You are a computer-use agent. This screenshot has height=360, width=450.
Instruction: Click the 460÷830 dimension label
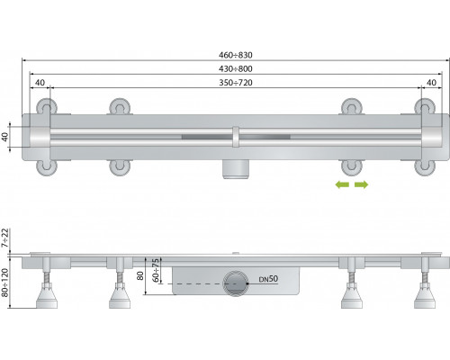point(236,55)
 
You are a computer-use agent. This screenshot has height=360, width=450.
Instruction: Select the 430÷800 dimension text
point(236,68)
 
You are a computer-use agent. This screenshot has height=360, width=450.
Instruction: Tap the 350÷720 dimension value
point(236,83)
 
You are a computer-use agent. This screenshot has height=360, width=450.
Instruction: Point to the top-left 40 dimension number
point(40,83)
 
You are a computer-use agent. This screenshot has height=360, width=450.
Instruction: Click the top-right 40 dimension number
point(431,83)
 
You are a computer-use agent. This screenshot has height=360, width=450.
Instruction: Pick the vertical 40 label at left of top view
point(5,137)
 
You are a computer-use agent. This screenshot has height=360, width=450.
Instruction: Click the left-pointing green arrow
point(342,184)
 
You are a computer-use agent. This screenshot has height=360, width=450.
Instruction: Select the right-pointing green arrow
point(361,184)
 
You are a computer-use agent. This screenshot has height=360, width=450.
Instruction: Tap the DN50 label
point(268,279)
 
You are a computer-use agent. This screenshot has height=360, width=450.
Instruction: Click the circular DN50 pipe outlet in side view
point(236,283)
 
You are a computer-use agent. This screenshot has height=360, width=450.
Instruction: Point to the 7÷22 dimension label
point(5,238)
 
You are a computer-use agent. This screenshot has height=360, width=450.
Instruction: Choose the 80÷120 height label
point(5,283)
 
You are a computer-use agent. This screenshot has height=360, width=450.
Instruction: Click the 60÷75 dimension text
point(156,270)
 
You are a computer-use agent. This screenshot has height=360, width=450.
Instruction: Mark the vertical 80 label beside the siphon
point(140,275)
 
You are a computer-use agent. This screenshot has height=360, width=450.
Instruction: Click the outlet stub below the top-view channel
point(236,169)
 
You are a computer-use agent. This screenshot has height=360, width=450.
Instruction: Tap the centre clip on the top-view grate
point(236,137)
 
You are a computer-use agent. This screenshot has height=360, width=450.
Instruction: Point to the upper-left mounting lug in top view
point(47,106)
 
